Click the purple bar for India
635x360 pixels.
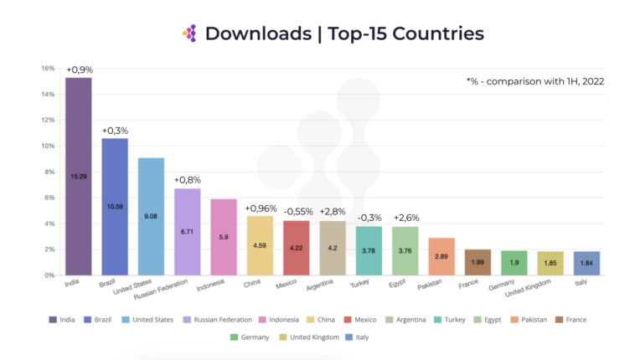click(79, 176)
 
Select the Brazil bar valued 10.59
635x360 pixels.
click(115, 206)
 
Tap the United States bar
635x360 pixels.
click(152, 216)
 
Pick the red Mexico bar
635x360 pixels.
click(297, 247)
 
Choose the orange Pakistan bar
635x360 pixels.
click(441, 256)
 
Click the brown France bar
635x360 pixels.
click(478, 262)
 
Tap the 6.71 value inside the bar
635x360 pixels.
click(188, 231)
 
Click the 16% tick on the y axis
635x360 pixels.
click(48, 69)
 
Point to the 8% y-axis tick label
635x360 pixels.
click(49, 172)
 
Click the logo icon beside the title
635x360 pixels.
click(189, 33)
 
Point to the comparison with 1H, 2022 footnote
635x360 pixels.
click(535, 81)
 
